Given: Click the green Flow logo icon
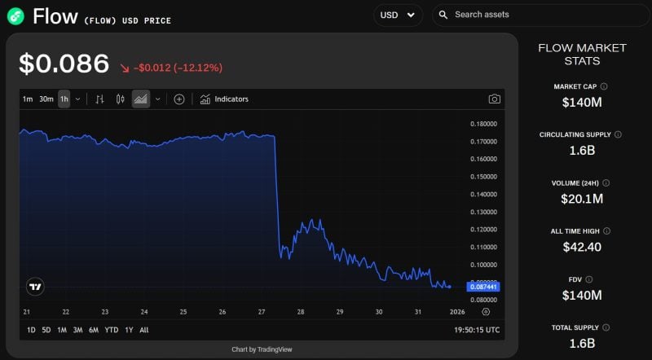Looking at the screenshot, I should (x=15, y=15).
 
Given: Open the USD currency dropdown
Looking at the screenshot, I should (x=398, y=15).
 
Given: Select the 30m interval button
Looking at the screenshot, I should (x=46, y=99).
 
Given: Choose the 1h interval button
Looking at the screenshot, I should (x=64, y=99).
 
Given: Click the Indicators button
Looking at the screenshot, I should (x=224, y=99).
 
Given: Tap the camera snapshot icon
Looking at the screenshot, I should (x=494, y=99).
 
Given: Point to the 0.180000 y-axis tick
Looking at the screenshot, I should (x=485, y=124).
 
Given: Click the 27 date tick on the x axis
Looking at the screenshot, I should (x=262, y=312).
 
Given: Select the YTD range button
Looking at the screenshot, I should (x=112, y=330).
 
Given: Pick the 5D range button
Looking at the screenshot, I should (x=46, y=330).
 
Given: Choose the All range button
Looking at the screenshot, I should (x=144, y=330).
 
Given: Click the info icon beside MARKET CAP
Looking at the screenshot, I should (x=604, y=86).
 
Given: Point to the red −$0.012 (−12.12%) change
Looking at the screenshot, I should (x=170, y=68).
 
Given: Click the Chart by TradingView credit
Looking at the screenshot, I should (x=262, y=349).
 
